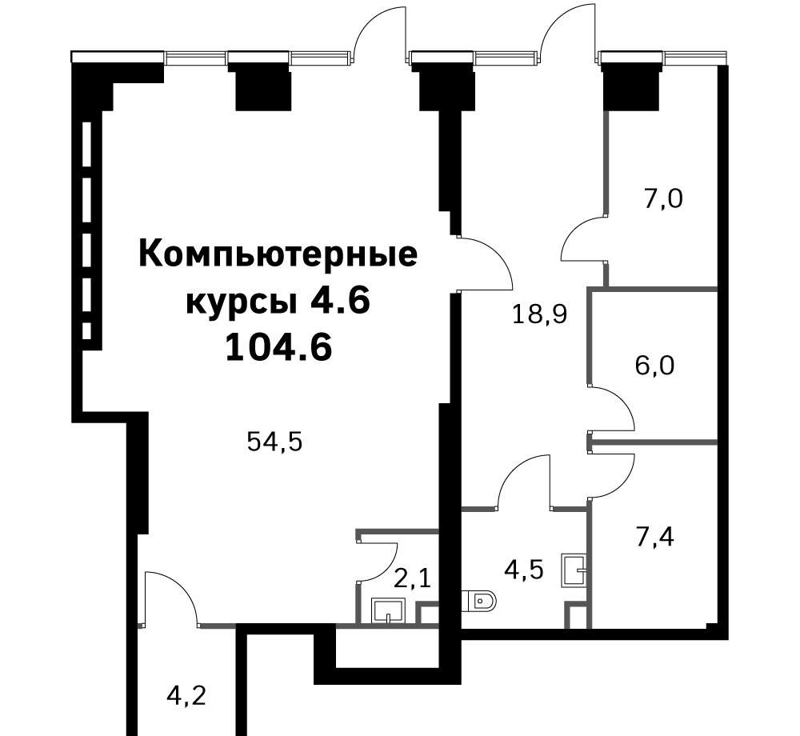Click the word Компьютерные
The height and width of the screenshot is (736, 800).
click(x=278, y=256)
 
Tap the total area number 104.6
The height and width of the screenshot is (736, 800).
click(x=278, y=349)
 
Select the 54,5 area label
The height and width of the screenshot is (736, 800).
click(x=274, y=442)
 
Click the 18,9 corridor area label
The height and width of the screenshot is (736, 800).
click(x=540, y=314)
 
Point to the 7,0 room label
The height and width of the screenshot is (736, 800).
click(x=663, y=198)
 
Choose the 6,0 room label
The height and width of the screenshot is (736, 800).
click(x=654, y=365)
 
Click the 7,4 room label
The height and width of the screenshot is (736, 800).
click(x=655, y=537)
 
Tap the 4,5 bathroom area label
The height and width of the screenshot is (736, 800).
click(x=524, y=570)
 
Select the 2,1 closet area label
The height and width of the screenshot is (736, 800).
click(x=413, y=579)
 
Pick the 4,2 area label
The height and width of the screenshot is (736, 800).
click(x=186, y=695)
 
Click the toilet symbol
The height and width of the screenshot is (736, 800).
click(x=478, y=602)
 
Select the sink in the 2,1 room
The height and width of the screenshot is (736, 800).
click(x=388, y=610)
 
